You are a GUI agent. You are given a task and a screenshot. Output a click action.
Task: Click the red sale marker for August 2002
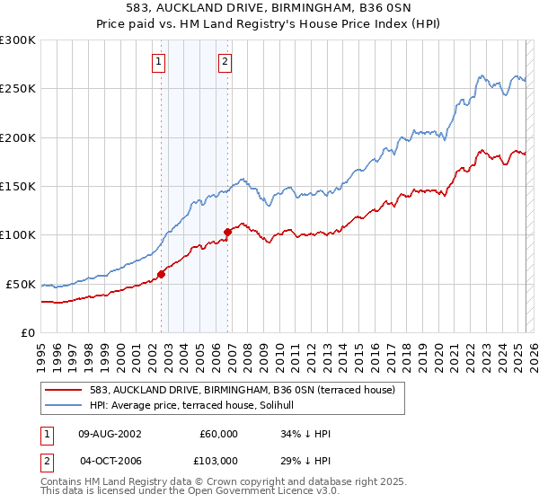[x=161, y=274]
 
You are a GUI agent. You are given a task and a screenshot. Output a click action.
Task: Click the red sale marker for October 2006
[x=227, y=232]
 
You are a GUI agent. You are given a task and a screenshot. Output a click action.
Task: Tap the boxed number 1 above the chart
[x=158, y=62]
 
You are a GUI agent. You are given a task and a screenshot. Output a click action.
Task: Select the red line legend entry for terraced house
[x=248, y=389]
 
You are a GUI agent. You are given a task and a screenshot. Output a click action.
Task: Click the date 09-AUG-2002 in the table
[x=110, y=434]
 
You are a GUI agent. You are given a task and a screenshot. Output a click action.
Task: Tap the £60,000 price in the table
[x=218, y=434]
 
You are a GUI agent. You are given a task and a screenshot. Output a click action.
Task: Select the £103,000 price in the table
[x=218, y=461]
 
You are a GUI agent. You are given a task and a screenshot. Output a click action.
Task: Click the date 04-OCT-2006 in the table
[x=110, y=461]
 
